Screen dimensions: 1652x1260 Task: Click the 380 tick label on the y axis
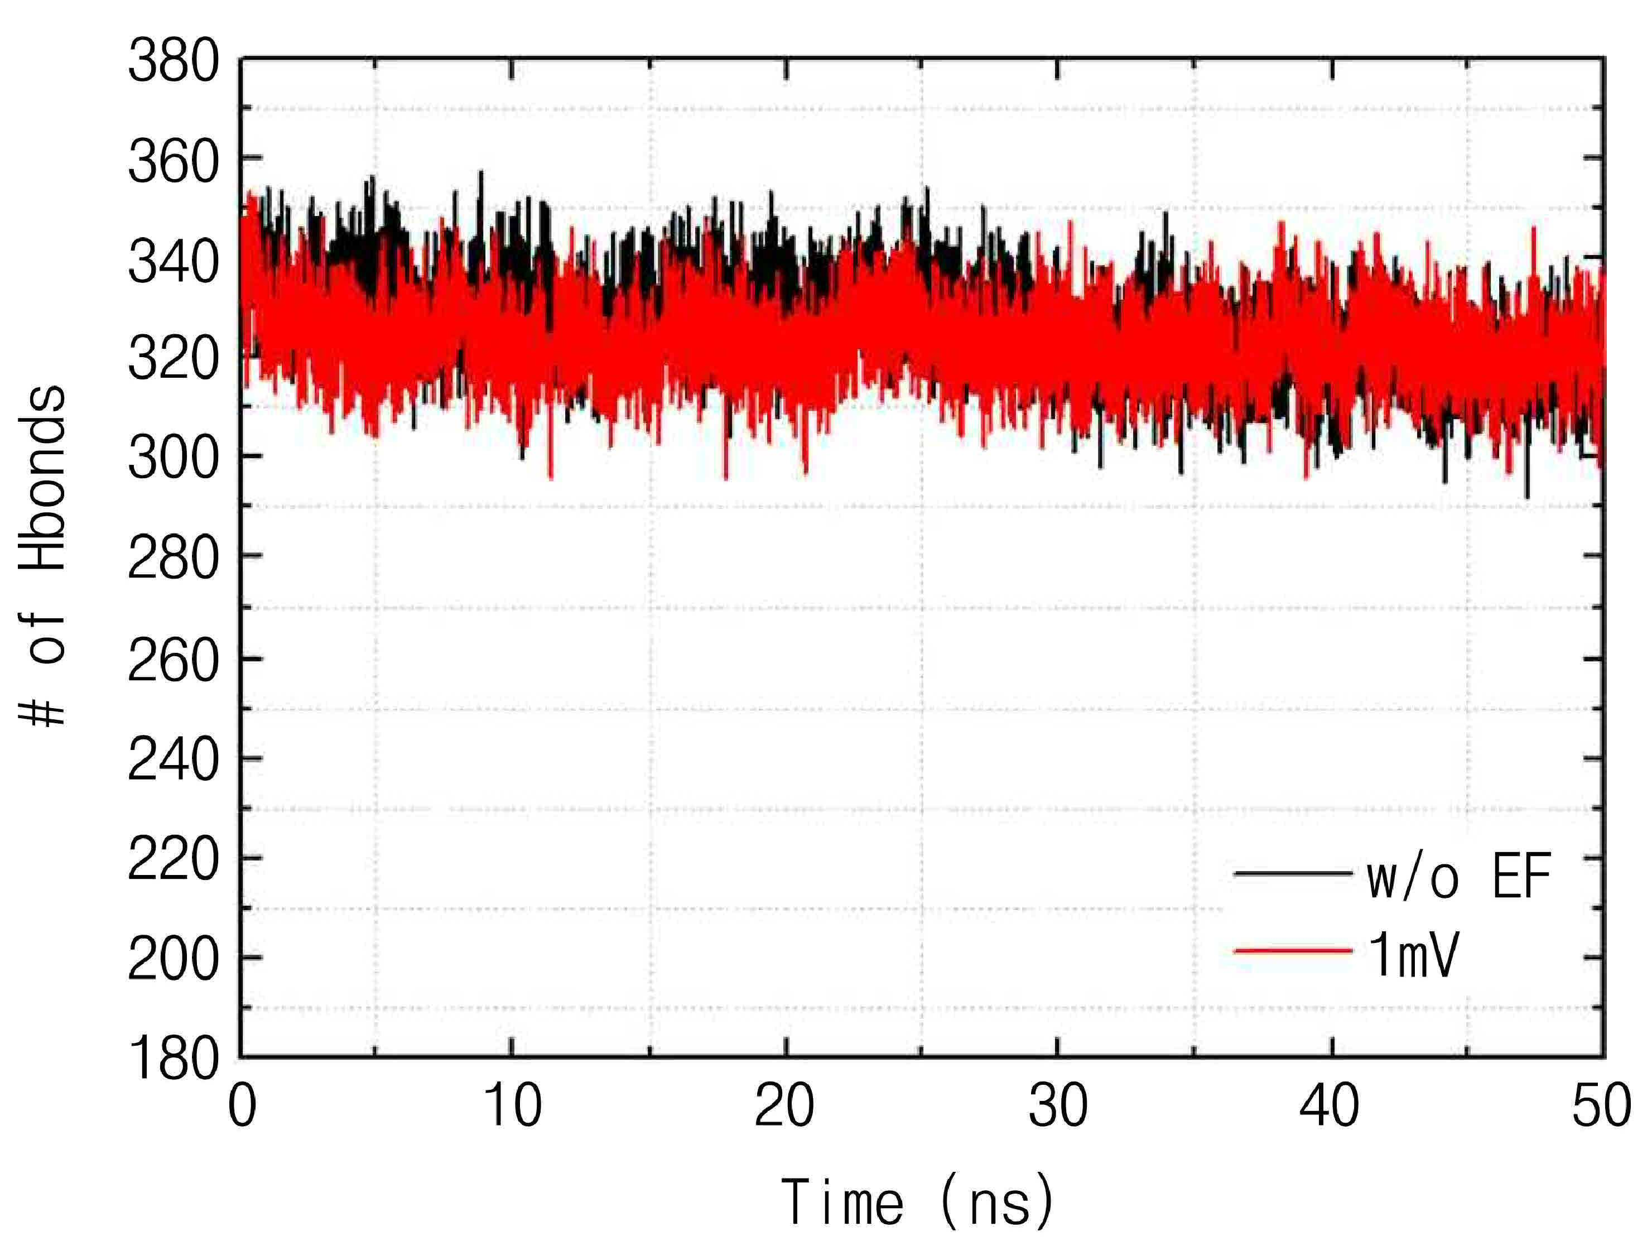[x=173, y=61]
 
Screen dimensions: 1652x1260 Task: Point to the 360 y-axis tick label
[x=173, y=161]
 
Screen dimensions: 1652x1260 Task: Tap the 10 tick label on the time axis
[x=513, y=1105]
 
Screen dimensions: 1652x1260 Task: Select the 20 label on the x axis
[x=784, y=1105]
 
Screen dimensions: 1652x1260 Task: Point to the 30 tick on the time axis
[x=1057, y=1105]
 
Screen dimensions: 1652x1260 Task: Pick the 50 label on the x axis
[x=1602, y=1105]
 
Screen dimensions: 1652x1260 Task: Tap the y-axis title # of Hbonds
[x=43, y=556]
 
